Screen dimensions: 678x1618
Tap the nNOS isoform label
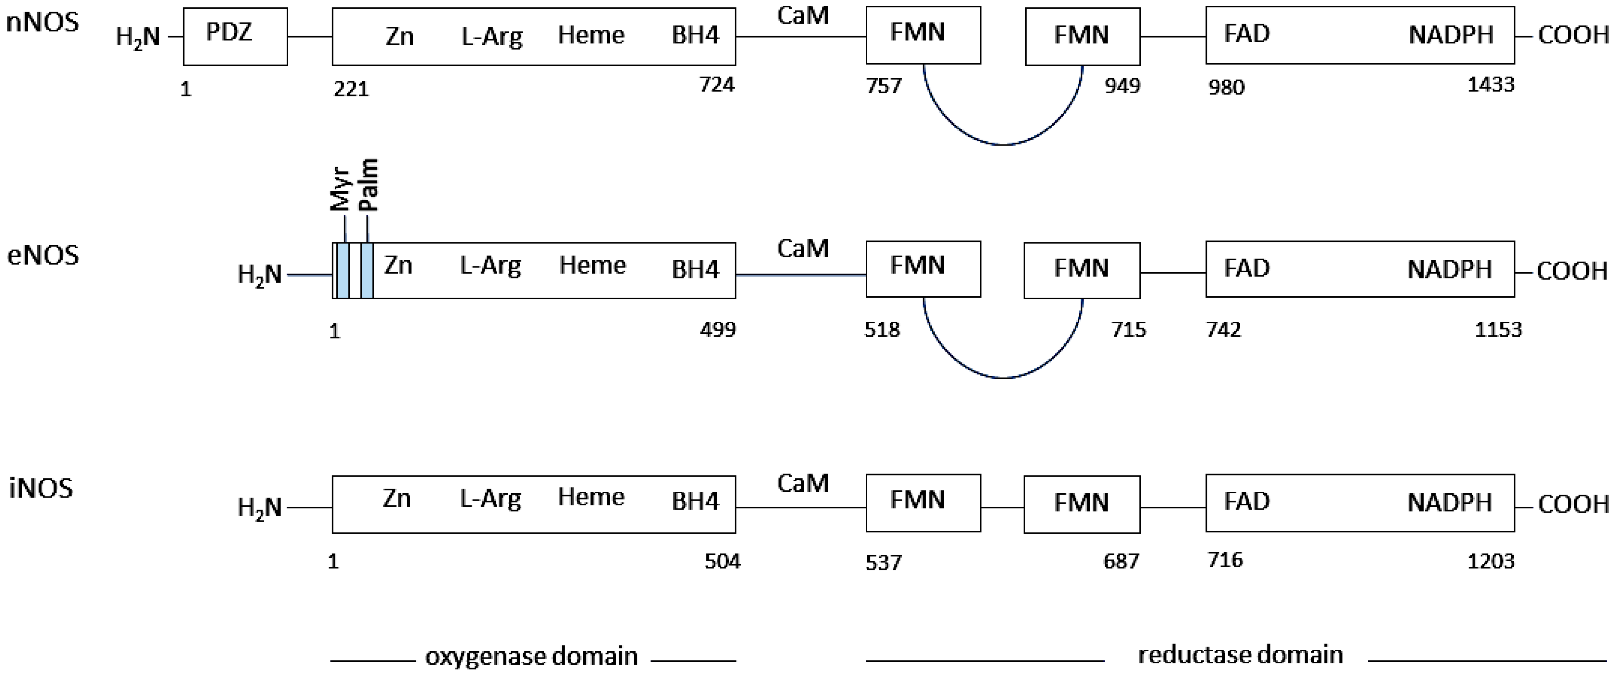pyautogui.click(x=42, y=22)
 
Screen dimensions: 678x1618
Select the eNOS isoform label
pyautogui.click(x=43, y=256)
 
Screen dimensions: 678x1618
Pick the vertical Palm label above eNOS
pyautogui.click(x=369, y=185)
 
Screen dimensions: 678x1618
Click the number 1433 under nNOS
pyautogui.click(x=1491, y=84)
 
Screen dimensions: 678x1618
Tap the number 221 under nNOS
pyautogui.click(x=351, y=89)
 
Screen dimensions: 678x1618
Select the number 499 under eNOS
pyautogui.click(x=717, y=329)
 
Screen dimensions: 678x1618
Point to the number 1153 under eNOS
pyautogui.click(x=1498, y=329)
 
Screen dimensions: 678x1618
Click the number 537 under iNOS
pyautogui.click(x=883, y=562)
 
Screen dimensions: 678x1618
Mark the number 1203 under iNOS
pyautogui.click(x=1491, y=561)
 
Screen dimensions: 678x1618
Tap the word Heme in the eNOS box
pyautogui.click(x=592, y=265)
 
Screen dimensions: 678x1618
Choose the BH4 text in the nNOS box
pyautogui.click(x=695, y=35)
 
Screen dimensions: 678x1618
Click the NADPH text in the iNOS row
pyautogui.click(x=1449, y=503)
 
